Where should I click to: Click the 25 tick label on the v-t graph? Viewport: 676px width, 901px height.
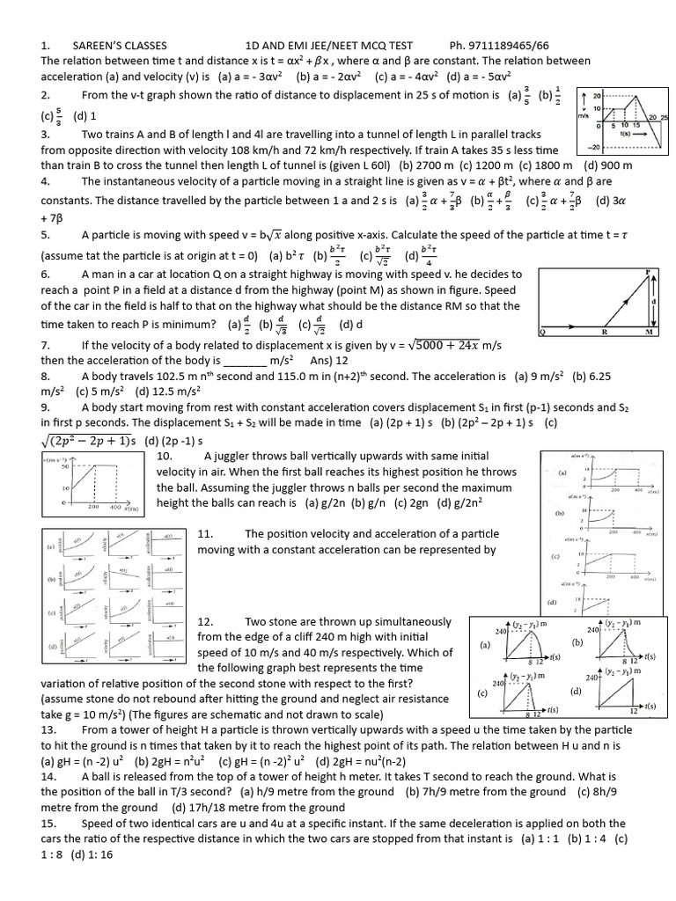pos(665,117)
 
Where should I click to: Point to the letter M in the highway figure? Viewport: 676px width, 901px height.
pos(649,333)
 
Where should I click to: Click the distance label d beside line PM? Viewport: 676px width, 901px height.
pos(653,301)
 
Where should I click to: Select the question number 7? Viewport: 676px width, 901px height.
pos(45,345)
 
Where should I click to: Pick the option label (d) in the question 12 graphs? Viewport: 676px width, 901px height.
pos(576,692)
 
